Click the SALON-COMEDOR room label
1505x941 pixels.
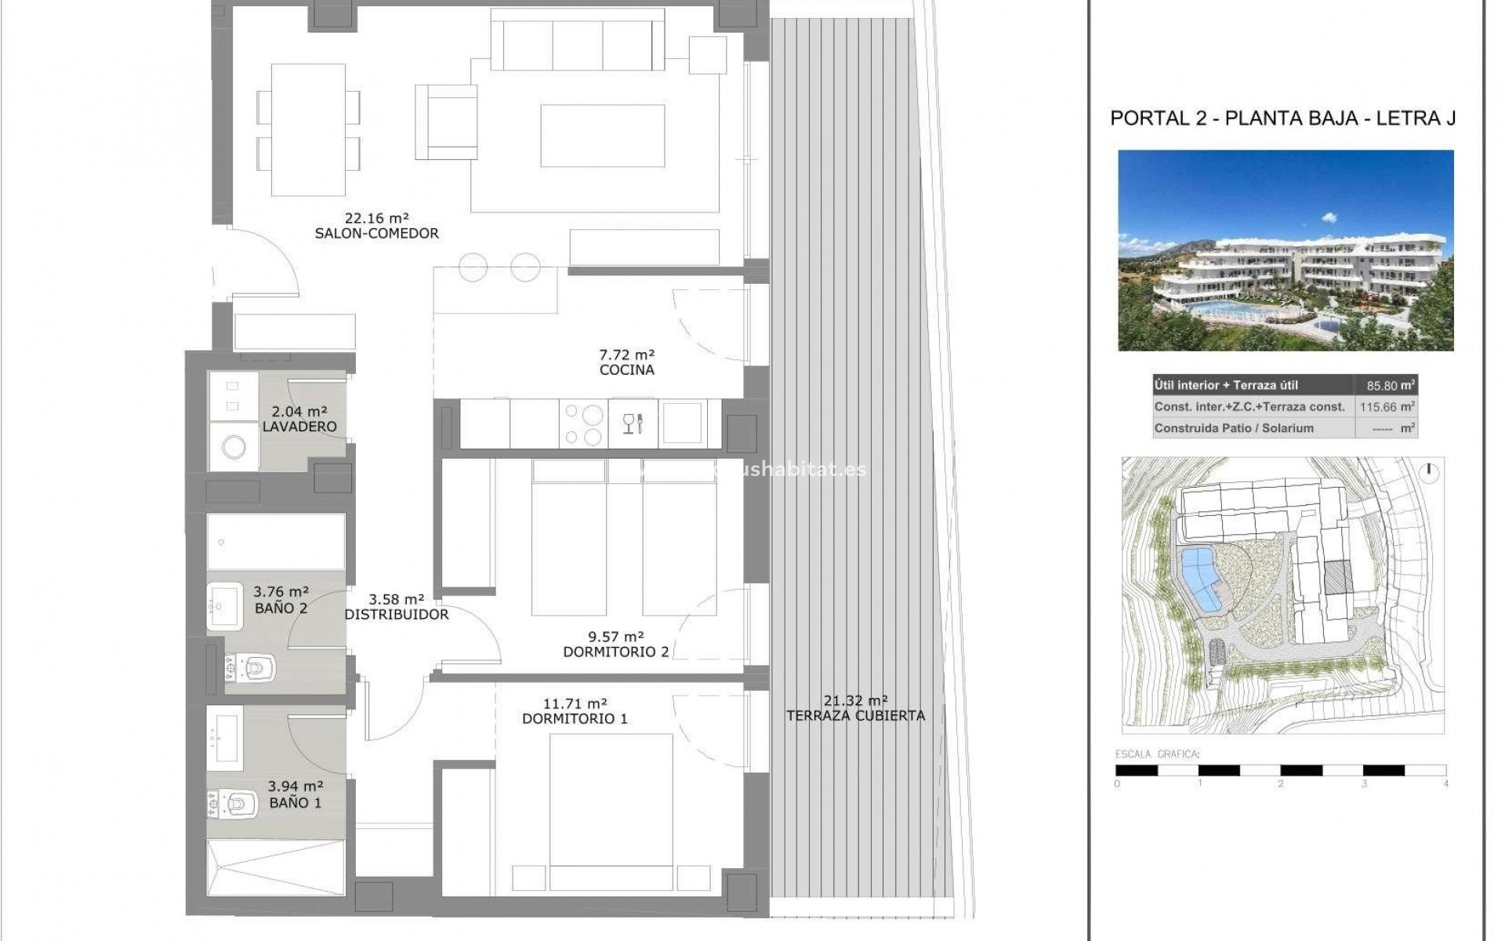[x=376, y=234]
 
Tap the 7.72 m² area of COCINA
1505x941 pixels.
[x=626, y=354]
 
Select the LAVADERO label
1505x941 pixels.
[x=299, y=427]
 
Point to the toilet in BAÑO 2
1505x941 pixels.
[x=252, y=668]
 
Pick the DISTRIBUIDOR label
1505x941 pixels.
[x=397, y=615]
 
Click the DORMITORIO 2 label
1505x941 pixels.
[x=616, y=652]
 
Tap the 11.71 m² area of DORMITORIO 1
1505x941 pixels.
[x=575, y=703]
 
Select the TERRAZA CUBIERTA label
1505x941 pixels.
[x=855, y=715]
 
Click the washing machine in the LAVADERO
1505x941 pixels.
[x=234, y=448]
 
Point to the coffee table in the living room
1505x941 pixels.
[x=602, y=136]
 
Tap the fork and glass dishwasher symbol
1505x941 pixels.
[x=632, y=423]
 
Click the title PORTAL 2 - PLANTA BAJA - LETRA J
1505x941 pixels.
[x=1283, y=118]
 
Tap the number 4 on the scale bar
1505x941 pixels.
[x=1445, y=783]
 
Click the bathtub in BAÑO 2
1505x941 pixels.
[x=276, y=541]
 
